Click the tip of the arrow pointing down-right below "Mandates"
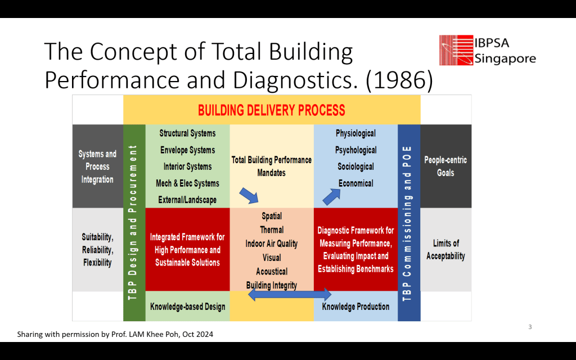point(258,202)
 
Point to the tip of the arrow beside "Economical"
point(340,189)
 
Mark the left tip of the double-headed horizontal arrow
point(248,294)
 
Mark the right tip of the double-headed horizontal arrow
point(331,294)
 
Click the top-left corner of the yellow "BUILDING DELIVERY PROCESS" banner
point(123,95)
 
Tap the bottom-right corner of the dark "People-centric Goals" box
point(471,208)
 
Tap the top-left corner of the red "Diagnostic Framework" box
point(314,208)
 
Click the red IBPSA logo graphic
point(456,50)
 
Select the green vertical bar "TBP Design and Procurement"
point(134,223)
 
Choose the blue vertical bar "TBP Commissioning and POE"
point(409,223)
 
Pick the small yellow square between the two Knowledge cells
point(272,307)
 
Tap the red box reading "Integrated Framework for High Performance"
point(188,250)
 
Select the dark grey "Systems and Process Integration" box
point(98,166)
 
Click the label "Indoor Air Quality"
point(272,244)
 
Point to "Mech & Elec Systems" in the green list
point(187,183)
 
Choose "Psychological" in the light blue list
point(355,150)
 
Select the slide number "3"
point(530,327)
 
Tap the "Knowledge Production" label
point(355,307)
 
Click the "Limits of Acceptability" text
point(445,250)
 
